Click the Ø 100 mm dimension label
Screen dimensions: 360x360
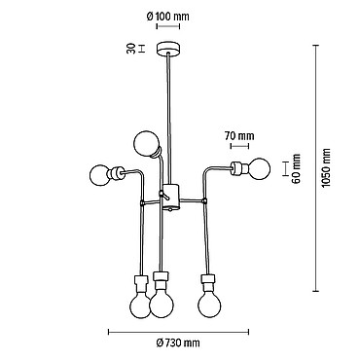(x=167, y=16)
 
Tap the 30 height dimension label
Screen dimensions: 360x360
(x=130, y=49)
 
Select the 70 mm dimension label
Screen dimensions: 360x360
(x=239, y=136)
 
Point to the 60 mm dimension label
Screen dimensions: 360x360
(x=296, y=168)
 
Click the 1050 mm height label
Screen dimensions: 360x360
(x=326, y=168)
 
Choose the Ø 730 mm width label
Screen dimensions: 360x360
(x=178, y=342)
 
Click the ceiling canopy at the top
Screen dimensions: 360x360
(x=168, y=49)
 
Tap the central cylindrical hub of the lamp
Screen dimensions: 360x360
(x=170, y=196)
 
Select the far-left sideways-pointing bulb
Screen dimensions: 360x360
(x=100, y=175)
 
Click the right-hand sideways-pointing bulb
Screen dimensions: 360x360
(x=260, y=168)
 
